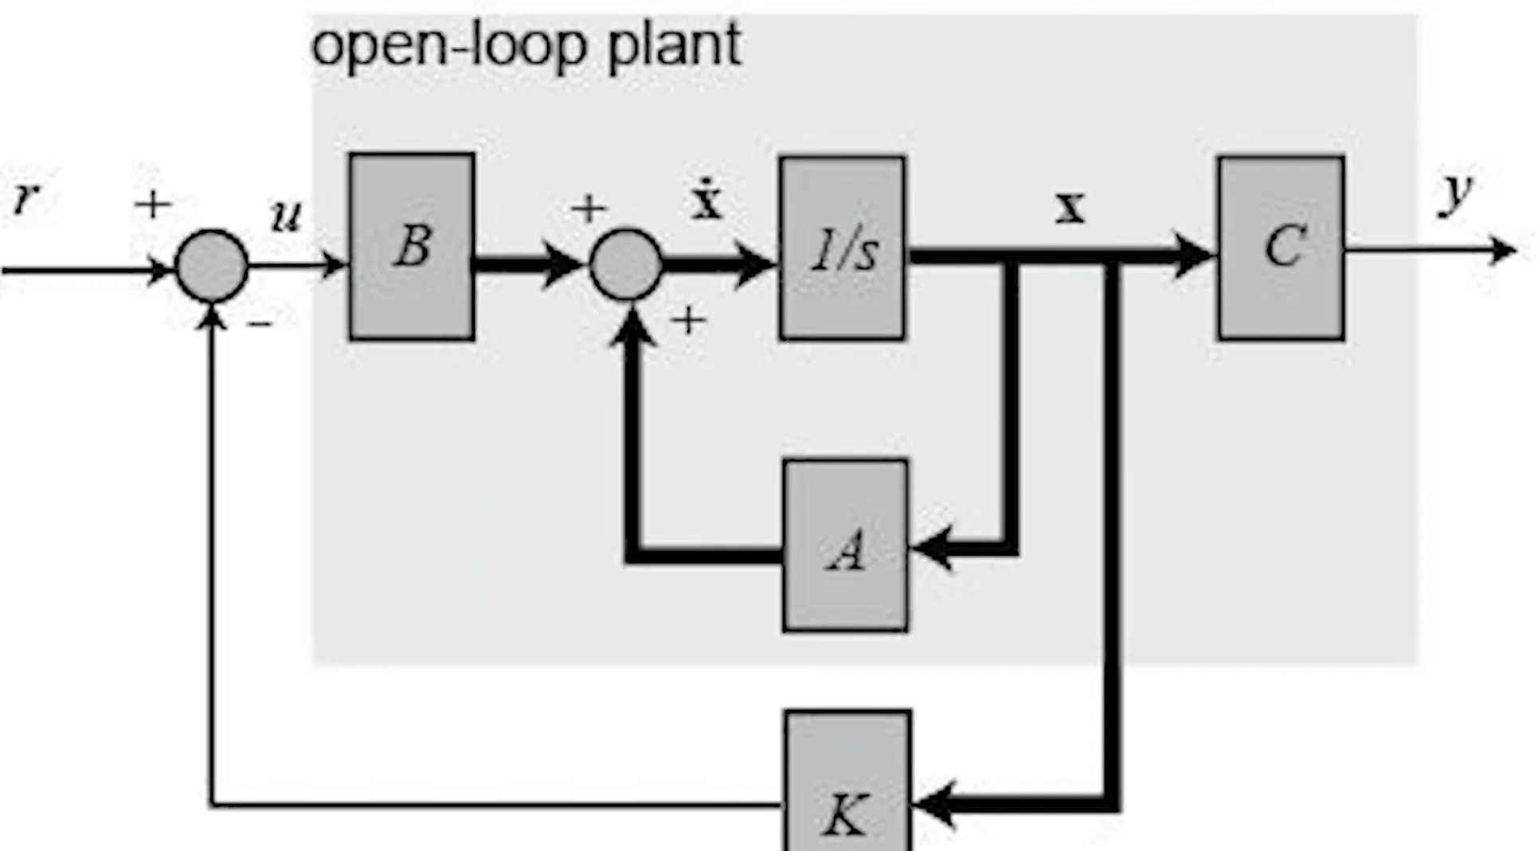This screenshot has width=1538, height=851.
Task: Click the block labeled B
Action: pos(412,247)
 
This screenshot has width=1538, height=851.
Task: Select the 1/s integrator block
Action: pos(843,248)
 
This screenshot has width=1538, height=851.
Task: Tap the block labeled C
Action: pos(1282,248)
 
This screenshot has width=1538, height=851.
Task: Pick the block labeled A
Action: pos(845,546)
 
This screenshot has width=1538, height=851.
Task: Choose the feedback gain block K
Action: pos(847,780)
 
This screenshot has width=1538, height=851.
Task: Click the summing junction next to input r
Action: pos(212,266)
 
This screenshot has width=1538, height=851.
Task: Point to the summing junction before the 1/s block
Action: pos(626,265)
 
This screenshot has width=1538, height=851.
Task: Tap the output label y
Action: pos(1456,193)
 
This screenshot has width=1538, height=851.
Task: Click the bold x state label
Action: pos(1070,208)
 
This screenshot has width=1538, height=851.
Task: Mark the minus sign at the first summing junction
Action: pos(260,323)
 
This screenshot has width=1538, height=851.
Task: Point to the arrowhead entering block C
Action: pos(1194,256)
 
